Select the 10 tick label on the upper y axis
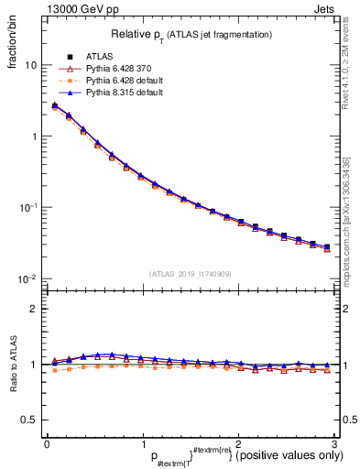coord(29,66)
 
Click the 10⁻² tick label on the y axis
coord(27,278)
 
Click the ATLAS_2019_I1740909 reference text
coord(191,273)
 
